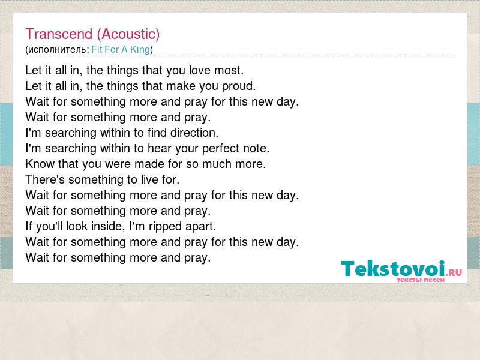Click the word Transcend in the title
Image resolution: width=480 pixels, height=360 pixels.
tap(59, 34)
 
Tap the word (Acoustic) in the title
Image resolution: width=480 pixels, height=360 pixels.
tap(128, 34)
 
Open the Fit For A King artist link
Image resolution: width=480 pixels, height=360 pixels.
tap(121, 50)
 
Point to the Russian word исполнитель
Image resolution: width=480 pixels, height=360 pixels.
tap(57, 50)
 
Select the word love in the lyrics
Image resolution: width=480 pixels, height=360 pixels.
tap(199, 70)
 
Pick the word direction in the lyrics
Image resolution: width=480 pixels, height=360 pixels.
tap(194, 133)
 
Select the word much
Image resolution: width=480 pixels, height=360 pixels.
tap(217, 164)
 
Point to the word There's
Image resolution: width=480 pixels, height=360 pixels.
tap(45, 179)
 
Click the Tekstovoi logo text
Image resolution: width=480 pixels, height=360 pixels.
tap(393, 269)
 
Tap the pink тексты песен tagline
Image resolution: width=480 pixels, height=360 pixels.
tap(421, 280)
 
